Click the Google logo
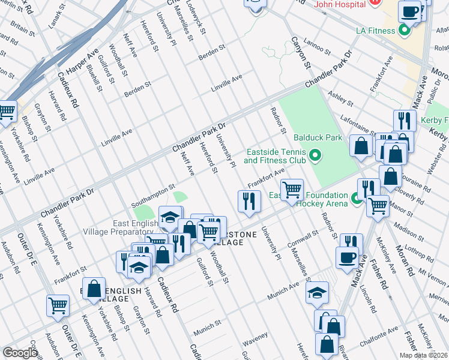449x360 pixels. pyautogui.click(x=20, y=353)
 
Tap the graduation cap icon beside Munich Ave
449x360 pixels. pyautogui.click(x=316, y=292)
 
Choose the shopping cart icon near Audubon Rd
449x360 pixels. pyautogui.click(x=58, y=305)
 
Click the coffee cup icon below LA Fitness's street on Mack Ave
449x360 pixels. pyautogui.click(x=346, y=257)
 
